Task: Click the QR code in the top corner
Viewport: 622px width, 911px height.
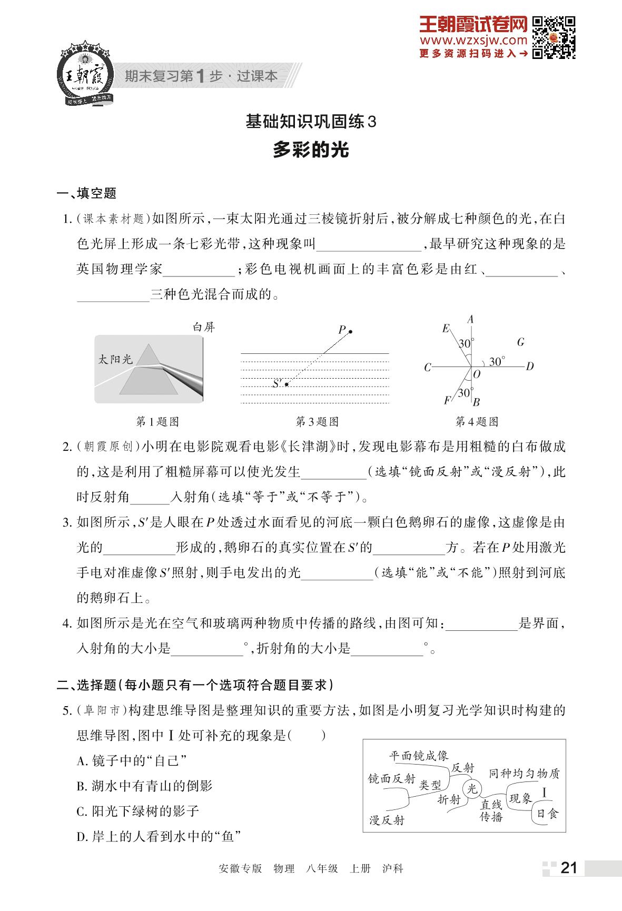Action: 553,37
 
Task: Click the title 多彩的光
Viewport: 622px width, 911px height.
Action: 311,151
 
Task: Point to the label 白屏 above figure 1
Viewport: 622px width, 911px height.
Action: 204,328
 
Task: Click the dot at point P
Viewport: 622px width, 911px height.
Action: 350,332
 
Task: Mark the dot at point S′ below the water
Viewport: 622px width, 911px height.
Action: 286,384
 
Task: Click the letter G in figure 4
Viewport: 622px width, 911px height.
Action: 520,342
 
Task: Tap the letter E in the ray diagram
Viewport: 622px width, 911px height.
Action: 446,329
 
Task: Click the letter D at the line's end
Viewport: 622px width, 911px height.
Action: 530,367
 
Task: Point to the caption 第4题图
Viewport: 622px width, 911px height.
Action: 477,422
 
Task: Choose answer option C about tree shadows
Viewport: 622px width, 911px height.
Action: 138,811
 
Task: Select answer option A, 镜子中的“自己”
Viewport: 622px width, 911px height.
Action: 132,760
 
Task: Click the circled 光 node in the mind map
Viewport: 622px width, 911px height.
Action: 471,788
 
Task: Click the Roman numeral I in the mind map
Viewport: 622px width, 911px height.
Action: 545,793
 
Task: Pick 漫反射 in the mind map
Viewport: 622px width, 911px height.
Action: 387,820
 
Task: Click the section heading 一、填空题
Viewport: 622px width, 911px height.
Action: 86,193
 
